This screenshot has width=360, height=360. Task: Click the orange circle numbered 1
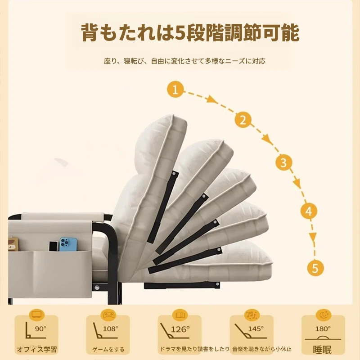[x=175, y=89]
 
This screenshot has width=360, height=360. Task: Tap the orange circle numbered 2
[x=243, y=120]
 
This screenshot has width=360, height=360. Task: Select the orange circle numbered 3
[x=284, y=162]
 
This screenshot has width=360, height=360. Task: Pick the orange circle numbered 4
[x=309, y=211]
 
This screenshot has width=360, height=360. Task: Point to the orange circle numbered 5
[x=315, y=268]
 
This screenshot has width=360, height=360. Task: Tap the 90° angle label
[x=40, y=329]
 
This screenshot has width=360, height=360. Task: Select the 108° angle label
[x=110, y=329]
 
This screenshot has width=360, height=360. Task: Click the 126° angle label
[x=180, y=329]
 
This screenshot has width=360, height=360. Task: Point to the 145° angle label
[x=256, y=329]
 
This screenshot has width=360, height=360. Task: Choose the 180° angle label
[x=323, y=329]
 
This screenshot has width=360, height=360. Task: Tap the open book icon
[x=180, y=315]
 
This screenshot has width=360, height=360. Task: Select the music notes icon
[x=252, y=315]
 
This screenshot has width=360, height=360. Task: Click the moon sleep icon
[x=324, y=315]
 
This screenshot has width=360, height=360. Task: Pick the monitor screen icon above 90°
[x=37, y=315]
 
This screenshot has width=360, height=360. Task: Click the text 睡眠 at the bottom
[x=322, y=350]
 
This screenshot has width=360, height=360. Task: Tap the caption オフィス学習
[x=37, y=350]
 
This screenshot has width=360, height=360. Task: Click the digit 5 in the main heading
[x=180, y=32]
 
